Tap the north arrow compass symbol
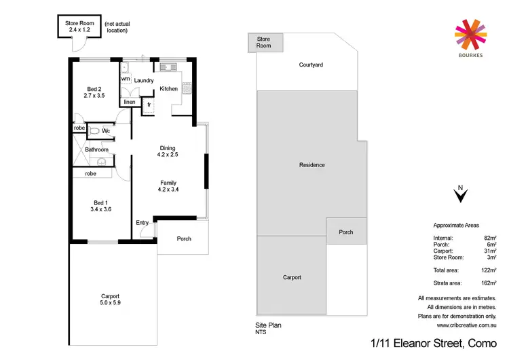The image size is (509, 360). click(461, 196)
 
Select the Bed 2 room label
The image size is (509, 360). click(94, 88)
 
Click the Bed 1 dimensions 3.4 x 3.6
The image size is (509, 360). click(102, 209)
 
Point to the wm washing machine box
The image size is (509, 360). click(126, 79)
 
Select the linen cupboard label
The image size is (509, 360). click(129, 102)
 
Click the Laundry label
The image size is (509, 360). click(144, 80)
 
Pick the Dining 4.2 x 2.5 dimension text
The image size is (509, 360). click(167, 156)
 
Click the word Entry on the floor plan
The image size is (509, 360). click(143, 223)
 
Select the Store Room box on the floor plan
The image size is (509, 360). click(78, 26)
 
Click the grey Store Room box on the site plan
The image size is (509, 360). click(263, 43)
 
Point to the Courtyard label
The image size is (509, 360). click(311, 65)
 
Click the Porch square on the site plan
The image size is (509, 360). click(346, 232)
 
